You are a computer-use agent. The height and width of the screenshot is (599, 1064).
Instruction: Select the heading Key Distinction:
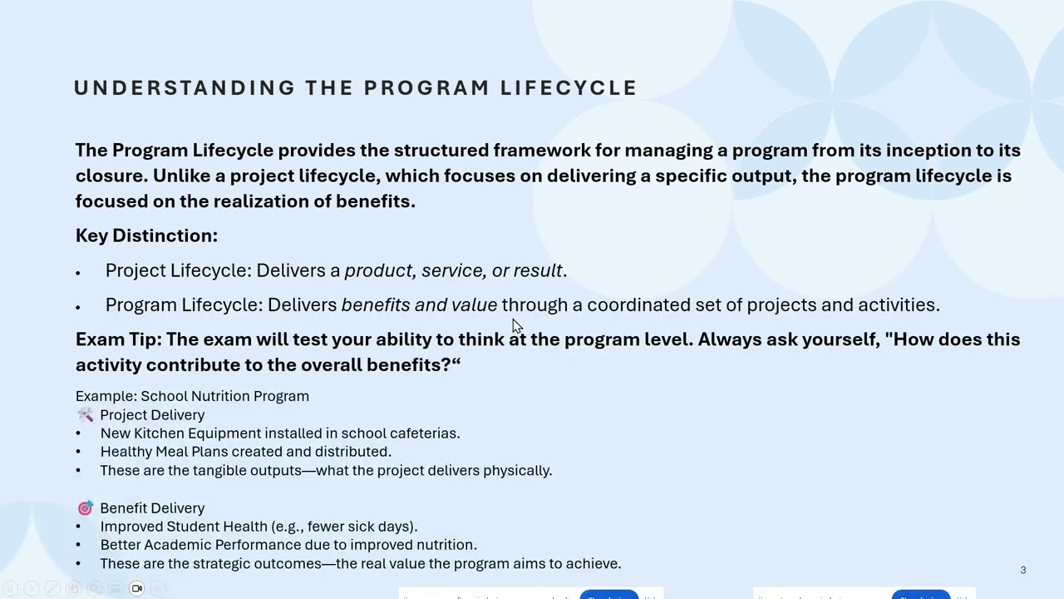(146, 235)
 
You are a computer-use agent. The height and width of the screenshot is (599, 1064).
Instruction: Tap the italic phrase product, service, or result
(454, 270)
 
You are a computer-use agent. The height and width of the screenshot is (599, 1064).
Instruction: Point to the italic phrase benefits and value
(419, 304)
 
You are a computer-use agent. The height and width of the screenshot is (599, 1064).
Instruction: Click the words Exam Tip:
(118, 339)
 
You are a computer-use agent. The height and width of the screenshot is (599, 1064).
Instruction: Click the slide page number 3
(1022, 570)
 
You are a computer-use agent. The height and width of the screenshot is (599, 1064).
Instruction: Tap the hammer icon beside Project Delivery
(85, 414)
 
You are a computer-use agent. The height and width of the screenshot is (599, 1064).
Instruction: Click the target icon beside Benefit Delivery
(85, 507)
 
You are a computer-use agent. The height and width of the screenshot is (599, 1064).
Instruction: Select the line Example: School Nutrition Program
(192, 396)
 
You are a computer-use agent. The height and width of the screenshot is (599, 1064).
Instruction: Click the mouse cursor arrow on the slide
(516, 325)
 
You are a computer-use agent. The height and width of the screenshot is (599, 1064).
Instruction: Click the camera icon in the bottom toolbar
(137, 588)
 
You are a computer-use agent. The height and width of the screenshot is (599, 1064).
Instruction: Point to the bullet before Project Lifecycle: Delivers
(78, 273)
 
